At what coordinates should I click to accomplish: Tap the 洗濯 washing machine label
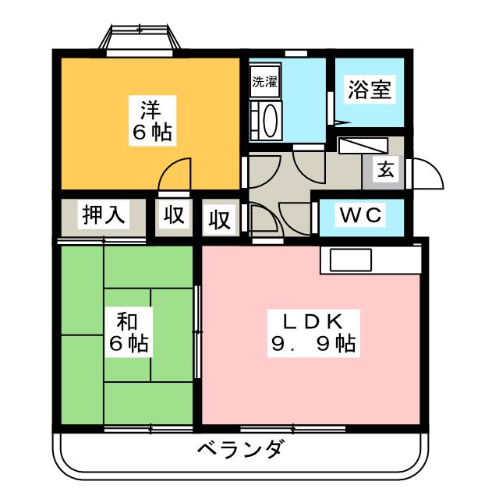[264, 81]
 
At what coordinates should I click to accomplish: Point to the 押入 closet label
[103, 216]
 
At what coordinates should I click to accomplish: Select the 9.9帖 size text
[313, 343]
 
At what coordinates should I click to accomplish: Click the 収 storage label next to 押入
[173, 215]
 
